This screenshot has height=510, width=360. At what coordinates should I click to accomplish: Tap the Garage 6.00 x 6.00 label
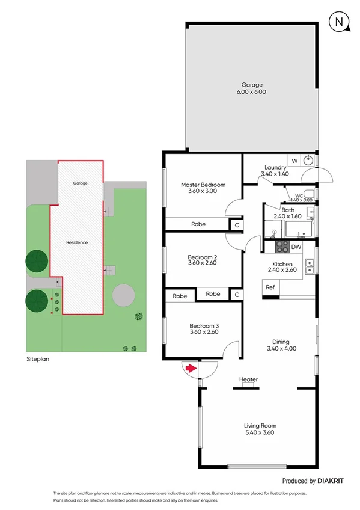(x=253, y=88)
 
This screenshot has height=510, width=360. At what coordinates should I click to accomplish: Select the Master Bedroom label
(x=203, y=188)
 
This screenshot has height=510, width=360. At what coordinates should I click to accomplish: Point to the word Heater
(x=248, y=379)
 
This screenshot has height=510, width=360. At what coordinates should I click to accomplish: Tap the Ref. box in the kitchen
(x=271, y=288)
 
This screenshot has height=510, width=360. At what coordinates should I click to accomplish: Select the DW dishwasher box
(x=296, y=247)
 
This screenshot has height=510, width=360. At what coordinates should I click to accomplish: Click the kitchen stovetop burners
(x=282, y=247)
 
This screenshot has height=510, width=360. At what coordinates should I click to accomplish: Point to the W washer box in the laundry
(x=294, y=161)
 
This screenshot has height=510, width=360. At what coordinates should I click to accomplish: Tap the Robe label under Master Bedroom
(x=198, y=224)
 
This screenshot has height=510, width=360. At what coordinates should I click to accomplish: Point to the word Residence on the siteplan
(x=77, y=242)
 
